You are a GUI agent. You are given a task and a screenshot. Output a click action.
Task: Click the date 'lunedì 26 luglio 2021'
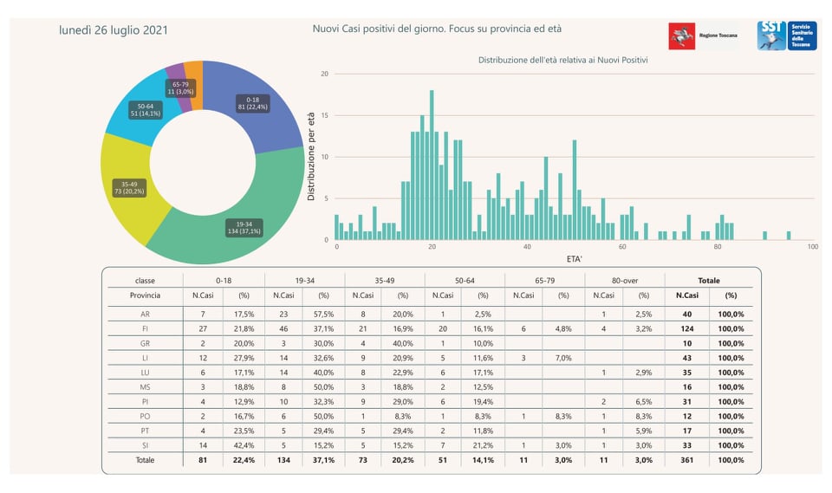click(114, 30)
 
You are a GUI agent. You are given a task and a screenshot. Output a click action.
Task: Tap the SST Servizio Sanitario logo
click(785, 36)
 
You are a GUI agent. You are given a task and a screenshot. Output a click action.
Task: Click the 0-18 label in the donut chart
click(252, 103)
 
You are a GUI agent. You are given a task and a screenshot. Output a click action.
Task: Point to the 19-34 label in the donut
click(244, 227)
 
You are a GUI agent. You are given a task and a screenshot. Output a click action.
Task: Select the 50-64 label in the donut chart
click(145, 109)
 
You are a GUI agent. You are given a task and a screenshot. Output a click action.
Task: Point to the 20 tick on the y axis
click(324, 74)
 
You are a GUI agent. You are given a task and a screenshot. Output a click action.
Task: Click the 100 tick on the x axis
click(812, 248)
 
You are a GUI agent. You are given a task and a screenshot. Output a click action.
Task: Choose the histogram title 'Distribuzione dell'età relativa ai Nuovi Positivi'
click(563, 61)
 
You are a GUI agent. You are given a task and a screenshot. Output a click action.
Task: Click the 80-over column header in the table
click(625, 280)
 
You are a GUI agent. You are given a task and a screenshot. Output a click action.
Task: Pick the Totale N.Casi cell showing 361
click(687, 460)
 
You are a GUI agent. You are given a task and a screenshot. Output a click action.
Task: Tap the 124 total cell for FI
click(687, 328)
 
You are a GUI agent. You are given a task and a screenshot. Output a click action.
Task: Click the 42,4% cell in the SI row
click(242, 445)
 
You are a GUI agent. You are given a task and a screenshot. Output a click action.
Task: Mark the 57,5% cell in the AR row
click(322, 314)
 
